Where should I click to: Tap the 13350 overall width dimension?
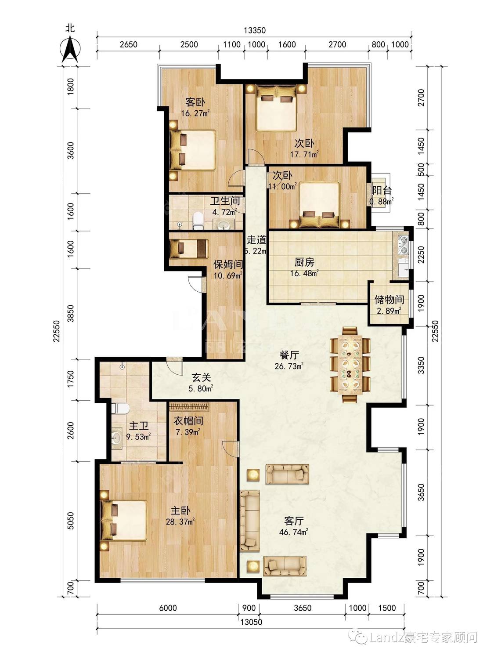click(x=255, y=30)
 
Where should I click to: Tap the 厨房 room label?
click(x=304, y=263)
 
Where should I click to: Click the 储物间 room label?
click(x=389, y=299)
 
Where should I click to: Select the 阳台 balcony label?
click(x=382, y=190)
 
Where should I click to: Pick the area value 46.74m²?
click(x=294, y=532)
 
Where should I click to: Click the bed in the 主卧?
click(x=124, y=521)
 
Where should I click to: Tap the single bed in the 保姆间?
click(x=188, y=248)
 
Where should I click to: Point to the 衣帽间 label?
click(x=188, y=421)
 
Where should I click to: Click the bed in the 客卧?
click(x=193, y=150)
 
